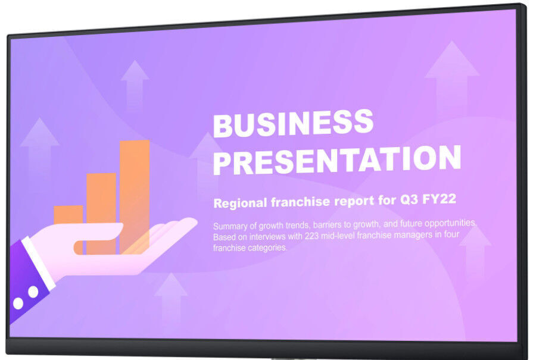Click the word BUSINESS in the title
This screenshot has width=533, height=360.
293,123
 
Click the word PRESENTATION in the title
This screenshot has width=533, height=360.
337,159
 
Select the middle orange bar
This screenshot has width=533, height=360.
101,213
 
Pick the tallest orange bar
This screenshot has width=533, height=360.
135,196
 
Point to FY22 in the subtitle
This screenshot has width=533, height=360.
439,199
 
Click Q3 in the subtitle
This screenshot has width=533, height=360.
409,200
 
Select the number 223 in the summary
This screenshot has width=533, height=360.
311,236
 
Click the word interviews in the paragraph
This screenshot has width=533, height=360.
267,236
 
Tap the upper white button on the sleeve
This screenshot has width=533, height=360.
33,292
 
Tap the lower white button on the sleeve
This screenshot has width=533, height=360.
18,303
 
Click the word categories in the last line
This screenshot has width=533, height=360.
267,248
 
